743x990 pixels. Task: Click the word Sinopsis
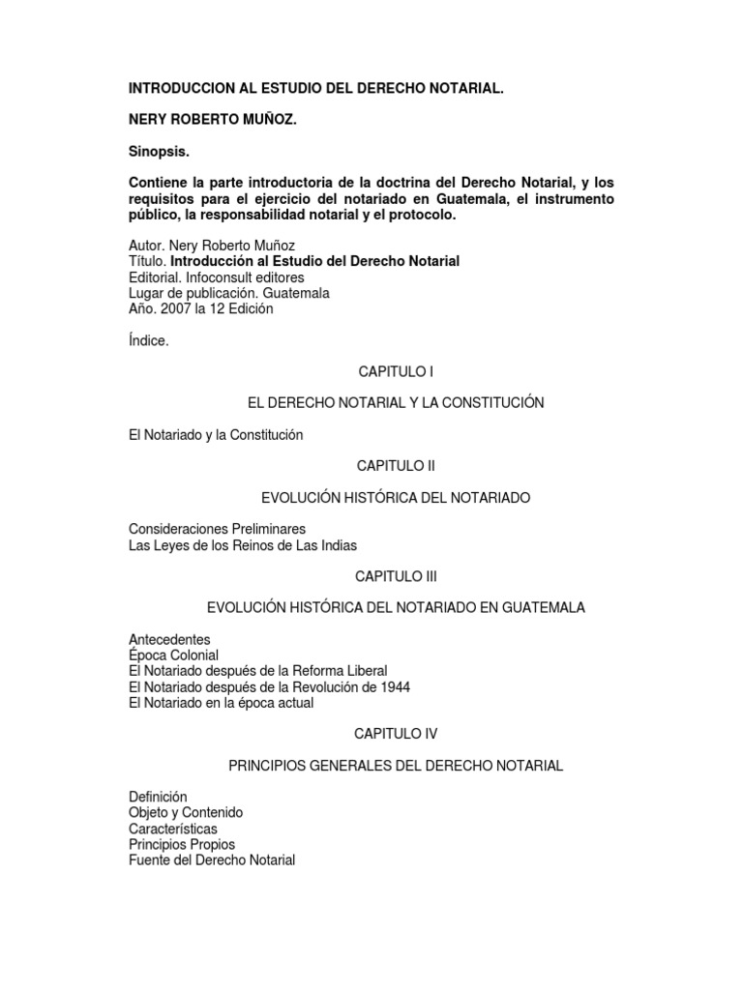(162, 152)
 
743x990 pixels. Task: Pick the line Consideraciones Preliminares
(217, 529)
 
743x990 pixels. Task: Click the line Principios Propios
(182, 844)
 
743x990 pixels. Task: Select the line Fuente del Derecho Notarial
(212, 859)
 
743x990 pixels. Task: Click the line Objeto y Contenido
(186, 813)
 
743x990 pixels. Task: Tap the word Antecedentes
(169, 640)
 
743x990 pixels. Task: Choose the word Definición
(157, 797)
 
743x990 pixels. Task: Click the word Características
(173, 829)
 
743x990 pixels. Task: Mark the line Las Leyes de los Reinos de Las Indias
(243, 544)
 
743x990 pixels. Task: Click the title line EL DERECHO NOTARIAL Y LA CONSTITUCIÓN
(396, 402)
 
